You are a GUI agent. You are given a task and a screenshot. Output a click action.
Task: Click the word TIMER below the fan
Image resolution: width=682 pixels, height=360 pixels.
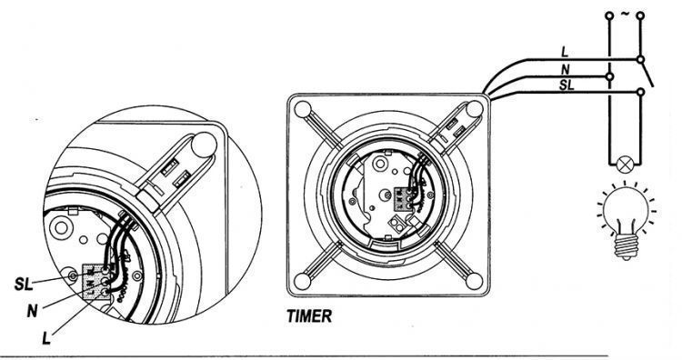click(309, 316)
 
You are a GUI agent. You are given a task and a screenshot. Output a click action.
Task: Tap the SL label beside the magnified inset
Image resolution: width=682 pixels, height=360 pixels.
click(24, 285)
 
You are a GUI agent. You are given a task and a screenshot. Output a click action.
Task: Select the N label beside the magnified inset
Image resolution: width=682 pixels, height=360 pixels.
click(32, 311)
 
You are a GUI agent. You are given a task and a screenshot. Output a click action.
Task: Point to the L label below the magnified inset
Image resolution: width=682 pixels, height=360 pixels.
click(46, 338)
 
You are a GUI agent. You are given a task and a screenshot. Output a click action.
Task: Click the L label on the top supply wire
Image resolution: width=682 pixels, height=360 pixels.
click(565, 52)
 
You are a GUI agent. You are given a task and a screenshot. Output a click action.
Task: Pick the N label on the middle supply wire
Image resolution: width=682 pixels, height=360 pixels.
click(566, 70)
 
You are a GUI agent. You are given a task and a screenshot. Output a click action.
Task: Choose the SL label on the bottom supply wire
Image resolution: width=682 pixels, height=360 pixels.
click(567, 85)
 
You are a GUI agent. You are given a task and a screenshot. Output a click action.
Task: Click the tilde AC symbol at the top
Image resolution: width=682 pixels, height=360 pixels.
click(625, 14)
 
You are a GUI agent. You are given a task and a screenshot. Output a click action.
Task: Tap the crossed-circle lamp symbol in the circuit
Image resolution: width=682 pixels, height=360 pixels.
click(625, 165)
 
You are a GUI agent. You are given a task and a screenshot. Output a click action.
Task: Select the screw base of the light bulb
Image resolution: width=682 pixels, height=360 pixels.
click(626, 246)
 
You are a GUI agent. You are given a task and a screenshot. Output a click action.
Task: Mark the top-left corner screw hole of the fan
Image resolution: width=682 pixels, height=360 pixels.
click(303, 109)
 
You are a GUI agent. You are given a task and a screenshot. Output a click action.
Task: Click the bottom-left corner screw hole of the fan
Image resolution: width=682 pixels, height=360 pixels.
click(302, 281)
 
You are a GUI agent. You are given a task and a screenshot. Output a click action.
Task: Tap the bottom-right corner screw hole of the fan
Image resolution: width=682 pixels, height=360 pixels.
click(474, 281)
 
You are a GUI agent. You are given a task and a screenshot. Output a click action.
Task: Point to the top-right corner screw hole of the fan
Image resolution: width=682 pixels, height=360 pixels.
click(475, 109)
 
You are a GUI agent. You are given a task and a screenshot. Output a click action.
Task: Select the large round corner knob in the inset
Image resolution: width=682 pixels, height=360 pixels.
click(204, 145)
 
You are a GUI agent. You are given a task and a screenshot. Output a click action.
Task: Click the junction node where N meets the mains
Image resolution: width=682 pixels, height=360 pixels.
click(610, 76)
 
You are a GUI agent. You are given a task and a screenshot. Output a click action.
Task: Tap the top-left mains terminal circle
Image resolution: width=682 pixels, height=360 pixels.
click(609, 16)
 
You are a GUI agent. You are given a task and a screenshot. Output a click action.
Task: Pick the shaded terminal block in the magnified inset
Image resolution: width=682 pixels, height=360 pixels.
click(95, 281)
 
